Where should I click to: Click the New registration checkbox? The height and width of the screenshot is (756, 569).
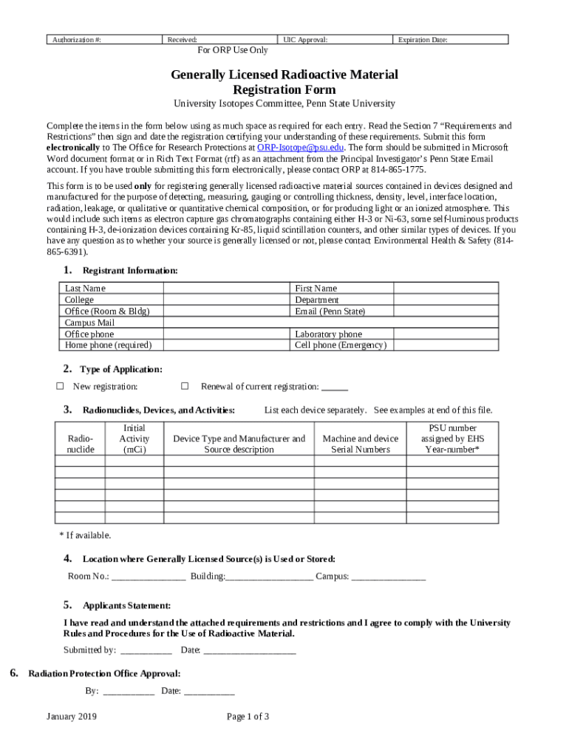pyautogui.click(x=61, y=386)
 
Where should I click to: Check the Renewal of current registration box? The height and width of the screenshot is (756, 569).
pyautogui.click(x=185, y=386)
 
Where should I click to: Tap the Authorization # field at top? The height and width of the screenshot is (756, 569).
pyautogui.click(x=103, y=40)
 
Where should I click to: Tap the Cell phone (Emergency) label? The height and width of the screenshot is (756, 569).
pyautogui.click(x=340, y=345)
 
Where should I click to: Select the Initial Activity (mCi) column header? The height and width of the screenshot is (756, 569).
pyautogui.click(x=134, y=439)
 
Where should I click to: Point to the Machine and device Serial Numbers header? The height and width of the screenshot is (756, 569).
pyautogui.click(x=361, y=444)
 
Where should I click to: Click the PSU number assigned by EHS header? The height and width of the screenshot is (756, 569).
pyautogui.click(x=452, y=439)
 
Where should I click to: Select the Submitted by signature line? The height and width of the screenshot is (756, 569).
pyautogui.click(x=146, y=650)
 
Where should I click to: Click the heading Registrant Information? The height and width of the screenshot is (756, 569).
pyautogui.click(x=130, y=271)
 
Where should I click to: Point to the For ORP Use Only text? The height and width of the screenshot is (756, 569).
pyautogui.click(x=233, y=51)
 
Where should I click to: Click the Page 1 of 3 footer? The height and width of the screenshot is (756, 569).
pyautogui.click(x=248, y=717)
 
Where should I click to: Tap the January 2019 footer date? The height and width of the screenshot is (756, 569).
pyautogui.click(x=72, y=717)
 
